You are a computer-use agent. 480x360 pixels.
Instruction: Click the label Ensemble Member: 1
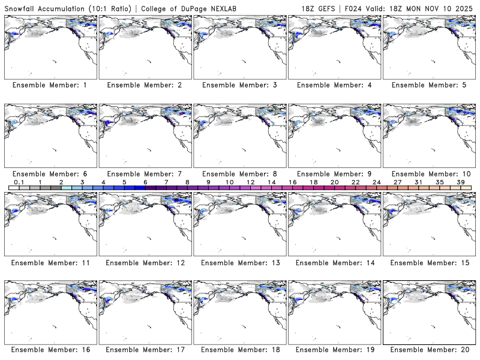50,85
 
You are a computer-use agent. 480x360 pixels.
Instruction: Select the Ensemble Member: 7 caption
145,173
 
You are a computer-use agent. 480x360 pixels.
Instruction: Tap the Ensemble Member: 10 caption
430,173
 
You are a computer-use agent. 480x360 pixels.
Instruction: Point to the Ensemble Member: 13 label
239,263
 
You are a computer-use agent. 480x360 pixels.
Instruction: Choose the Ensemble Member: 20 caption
430,350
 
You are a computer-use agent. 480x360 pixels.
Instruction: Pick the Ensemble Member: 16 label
50,350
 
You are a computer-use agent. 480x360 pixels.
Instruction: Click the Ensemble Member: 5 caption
430,85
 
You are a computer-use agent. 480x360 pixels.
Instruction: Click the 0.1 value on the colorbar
19,182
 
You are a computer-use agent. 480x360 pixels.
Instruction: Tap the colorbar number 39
460,182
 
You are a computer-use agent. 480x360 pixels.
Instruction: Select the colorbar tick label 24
376,182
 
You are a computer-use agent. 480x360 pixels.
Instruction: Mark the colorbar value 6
145,182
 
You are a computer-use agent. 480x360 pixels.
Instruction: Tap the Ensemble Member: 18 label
239,350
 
